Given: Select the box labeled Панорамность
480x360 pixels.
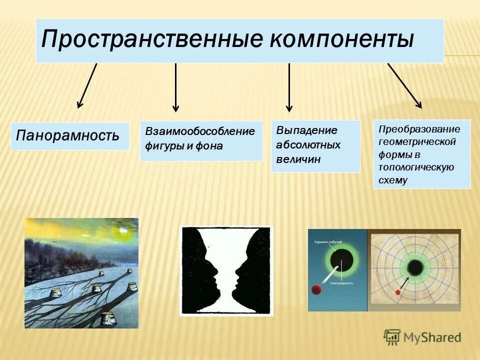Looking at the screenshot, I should click(x=69, y=135).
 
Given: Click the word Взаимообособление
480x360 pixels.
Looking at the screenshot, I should click(x=200, y=131).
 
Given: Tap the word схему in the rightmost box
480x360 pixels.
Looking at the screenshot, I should click(x=393, y=180).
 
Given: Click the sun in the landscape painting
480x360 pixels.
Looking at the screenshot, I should click(x=121, y=230).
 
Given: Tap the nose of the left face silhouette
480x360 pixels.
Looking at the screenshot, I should click(x=217, y=274).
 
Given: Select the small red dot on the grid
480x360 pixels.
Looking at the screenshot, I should click(x=398, y=292).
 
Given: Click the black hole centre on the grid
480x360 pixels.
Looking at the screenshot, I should click(x=415, y=266).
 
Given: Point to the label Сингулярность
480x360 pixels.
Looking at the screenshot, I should click(x=342, y=283).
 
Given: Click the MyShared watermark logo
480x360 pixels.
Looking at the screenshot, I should click(x=422, y=337).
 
